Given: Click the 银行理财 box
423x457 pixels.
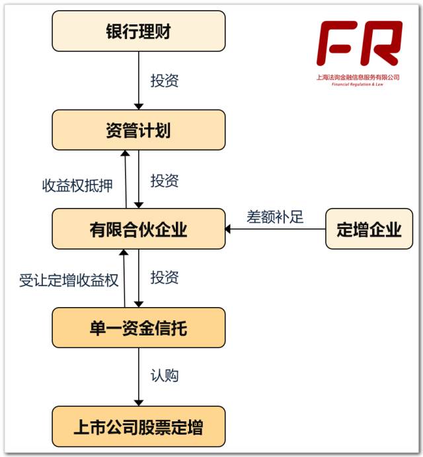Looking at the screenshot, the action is (139, 31).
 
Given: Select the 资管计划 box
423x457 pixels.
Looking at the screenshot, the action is (139, 130).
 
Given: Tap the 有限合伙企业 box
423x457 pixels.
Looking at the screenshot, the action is (139, 229).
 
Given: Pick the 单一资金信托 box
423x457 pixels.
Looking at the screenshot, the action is (139, 328).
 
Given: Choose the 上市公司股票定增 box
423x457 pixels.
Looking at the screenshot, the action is (139, 427).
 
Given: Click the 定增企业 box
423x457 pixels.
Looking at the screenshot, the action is (369, 229).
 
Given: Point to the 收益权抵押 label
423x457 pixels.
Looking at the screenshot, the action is (77, 186).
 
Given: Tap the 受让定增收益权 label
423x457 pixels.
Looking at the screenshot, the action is (69, 280).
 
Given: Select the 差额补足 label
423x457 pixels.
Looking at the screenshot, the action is (275, 217).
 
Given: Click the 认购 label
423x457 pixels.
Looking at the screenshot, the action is (165, 376).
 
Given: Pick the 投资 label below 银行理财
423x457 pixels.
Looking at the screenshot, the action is (165, 81).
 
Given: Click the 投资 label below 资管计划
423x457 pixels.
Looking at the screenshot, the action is (165, 180).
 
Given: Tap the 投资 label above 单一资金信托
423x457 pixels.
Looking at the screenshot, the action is (165, 277).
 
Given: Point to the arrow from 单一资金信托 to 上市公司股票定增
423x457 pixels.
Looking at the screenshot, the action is (139, 377).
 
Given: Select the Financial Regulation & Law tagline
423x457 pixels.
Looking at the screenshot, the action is (358, 85).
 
